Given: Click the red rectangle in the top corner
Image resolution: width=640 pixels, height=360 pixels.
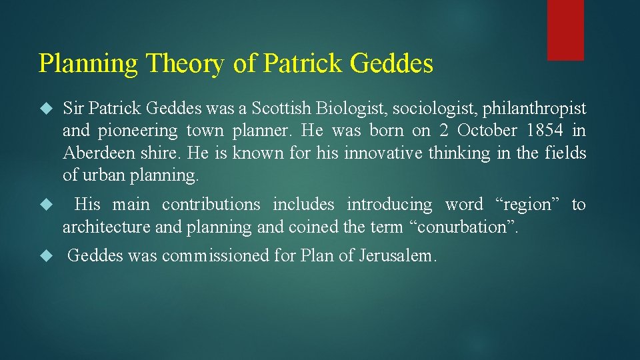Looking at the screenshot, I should (565, 29).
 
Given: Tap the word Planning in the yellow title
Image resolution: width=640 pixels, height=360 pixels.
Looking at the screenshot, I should (89, 64).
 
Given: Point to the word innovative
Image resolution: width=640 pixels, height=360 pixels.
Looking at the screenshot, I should (379, 153).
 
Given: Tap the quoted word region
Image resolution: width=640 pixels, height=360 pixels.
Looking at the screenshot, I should (531, 204).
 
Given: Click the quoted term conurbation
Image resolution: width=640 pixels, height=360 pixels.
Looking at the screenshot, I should (463, 227).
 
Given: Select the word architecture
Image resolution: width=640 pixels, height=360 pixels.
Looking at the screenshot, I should (107, 227).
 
